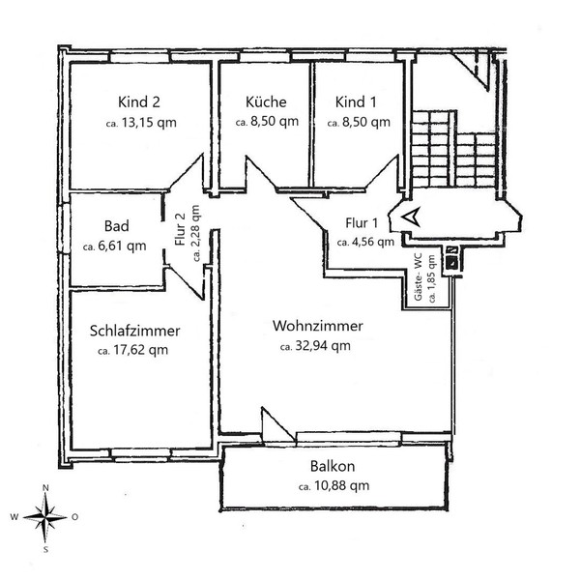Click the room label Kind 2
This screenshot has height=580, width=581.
(x=139, y=101)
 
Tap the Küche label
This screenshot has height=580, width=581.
(x=266, y=101)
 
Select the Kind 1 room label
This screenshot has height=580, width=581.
(x=356, y=101)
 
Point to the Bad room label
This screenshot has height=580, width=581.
(x=117, y=225)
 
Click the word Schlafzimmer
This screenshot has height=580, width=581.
(x=135, y=331)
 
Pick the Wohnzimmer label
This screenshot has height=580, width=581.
(x=318, y=326)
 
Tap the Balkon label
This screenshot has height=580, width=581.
(x=333, y=466)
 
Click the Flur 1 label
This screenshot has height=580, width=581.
(x=362, y=222)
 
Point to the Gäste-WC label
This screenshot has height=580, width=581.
(x=418, y=276)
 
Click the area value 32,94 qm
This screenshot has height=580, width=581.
(x=323, y=346)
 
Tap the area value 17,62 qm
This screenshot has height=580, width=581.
(x=140, y=350)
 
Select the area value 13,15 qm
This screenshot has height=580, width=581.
(x=149, y=123)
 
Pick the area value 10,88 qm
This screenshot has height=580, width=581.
(x=341, y=485)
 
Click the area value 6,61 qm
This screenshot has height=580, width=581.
(x=122, y=246)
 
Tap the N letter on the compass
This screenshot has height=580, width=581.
(x=45, y=488)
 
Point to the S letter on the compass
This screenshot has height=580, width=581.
(x=45, y=550)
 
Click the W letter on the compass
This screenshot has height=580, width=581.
(x=15, y=517)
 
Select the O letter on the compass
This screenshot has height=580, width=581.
(x=74, y=517)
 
